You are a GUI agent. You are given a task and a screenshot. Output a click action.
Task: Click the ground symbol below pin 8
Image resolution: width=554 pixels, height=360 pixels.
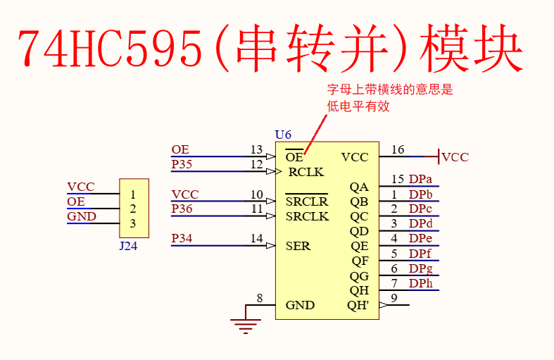click(x=245, y=325)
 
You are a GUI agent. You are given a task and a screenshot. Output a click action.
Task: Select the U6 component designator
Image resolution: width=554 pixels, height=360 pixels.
click(x=283, y=135)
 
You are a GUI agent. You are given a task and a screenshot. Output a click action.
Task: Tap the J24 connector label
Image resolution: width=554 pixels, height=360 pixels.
click(x=128, y=246)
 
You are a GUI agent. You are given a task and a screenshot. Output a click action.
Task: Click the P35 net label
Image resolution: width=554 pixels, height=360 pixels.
click(x=182, y=164)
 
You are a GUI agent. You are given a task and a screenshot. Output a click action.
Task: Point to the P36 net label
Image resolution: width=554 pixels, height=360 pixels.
click(x=182, y=209)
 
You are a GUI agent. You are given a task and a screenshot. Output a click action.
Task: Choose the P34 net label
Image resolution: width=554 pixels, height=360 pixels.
click(x=182, y=239)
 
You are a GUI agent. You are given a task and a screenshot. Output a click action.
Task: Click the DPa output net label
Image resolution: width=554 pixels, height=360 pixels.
click(x=421, y=179)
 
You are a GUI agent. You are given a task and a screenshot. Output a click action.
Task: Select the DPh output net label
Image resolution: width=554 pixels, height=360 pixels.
click(x=421, y=283)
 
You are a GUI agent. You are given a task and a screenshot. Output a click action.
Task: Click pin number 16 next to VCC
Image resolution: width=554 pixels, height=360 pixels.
click(x=398, y=149)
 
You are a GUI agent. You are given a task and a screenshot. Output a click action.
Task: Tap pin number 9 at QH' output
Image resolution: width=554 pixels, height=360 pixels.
click(x=394, y=298)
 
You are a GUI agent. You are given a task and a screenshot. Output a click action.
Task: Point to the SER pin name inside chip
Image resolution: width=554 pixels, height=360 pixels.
click(x=298, y=247)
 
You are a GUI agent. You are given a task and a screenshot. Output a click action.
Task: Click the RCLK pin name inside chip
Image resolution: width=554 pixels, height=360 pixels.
click(x=306, y=172)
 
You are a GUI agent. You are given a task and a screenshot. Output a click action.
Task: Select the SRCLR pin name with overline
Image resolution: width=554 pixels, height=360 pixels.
click(x=307, y=201)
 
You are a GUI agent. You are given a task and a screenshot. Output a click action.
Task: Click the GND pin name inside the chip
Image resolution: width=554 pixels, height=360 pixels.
click(x=300, y=306)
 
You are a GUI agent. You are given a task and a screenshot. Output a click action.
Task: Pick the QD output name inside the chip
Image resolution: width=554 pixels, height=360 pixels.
click(x=359, y=231)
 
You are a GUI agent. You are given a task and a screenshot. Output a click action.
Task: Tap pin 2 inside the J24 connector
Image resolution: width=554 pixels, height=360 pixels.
click(x=132, y=209)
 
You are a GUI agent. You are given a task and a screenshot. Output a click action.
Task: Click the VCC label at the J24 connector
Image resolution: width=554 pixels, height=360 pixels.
click(x=80, y=187)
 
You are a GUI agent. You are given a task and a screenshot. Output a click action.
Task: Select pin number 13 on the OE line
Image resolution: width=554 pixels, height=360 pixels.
click(x=256, y=149)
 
